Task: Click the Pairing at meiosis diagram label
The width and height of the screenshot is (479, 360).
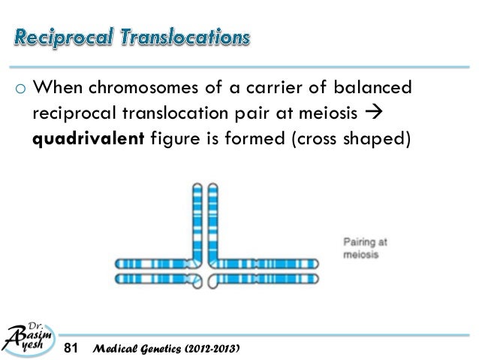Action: pos(365,248)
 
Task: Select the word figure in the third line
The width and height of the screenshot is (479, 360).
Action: pos(169,141)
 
